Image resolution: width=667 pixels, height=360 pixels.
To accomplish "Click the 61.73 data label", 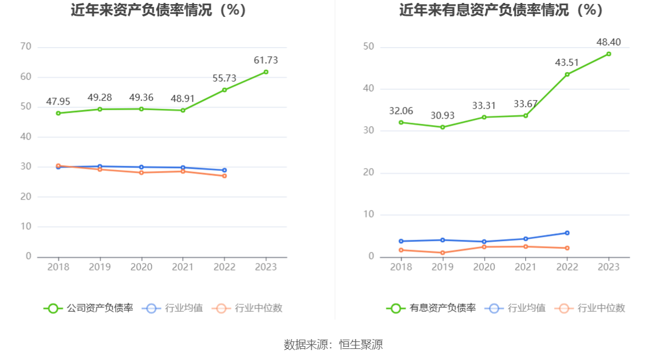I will coord(266,60).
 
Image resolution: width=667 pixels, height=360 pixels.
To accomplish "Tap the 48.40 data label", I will coord(608,42).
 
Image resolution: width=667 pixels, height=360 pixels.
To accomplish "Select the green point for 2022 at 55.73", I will coord(224,90).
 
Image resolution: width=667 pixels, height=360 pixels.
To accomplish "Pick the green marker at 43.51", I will coord(567,74).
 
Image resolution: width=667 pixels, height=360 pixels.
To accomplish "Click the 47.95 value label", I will coord(58,102).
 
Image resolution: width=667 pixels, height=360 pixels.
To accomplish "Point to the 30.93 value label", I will coord(442,115).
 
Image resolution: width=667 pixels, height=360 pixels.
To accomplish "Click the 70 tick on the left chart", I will coord(26,47).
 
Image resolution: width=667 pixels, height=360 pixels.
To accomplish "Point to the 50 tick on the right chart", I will coord(368,47).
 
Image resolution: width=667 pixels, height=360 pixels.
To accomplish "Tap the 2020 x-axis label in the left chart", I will coord(141,266).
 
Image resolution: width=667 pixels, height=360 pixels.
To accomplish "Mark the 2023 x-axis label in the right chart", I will coord(608,266).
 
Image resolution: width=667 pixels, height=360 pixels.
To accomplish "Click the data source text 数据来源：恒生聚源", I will coord(333,344).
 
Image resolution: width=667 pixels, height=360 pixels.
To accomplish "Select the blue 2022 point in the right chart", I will coord(567,233).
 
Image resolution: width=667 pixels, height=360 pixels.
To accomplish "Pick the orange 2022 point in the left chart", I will coord(224,176).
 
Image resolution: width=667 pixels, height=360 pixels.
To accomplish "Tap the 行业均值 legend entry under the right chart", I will coord(518,308).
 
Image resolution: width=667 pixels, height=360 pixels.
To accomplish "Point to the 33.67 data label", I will coord(526,104).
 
